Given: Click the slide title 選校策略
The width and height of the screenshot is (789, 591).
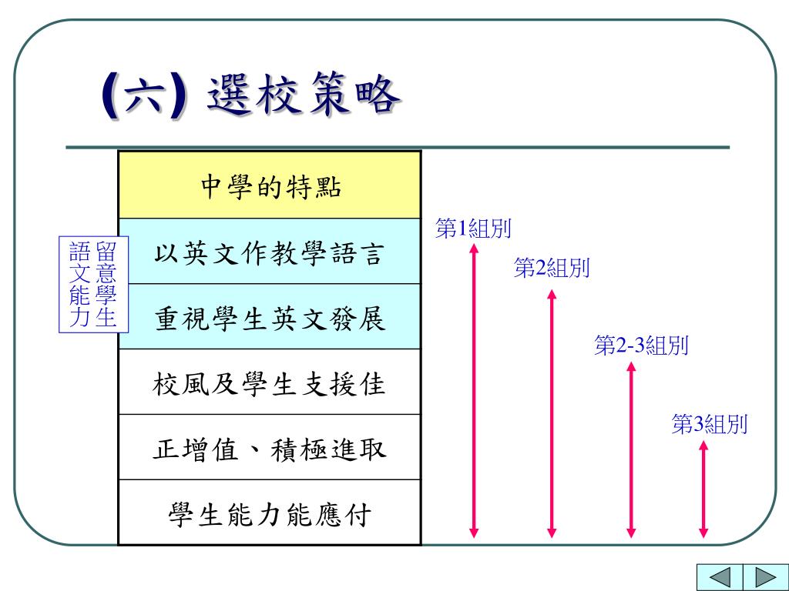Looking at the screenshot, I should coord(304,98).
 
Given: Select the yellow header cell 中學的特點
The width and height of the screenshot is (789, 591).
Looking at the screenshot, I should coord(270,185).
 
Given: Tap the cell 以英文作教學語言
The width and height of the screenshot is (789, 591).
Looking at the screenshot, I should coord(270,252).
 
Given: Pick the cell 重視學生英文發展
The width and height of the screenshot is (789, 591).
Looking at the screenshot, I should coord(270,318).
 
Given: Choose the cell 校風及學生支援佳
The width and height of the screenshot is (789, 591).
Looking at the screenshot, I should coord(270,382).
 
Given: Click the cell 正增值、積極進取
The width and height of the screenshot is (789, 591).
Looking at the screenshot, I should coord(270,448).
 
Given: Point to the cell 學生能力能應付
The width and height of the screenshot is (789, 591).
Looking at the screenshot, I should coord(270,513).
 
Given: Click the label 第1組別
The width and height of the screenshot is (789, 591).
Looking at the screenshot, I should coord(474,229).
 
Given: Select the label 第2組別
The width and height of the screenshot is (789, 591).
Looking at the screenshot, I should coord(552,268).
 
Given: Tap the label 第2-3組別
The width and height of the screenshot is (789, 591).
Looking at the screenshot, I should coord(641,346).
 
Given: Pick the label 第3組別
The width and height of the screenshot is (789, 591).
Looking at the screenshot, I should coord(710,424).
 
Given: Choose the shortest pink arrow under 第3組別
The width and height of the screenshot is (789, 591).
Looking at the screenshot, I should coord(703,488).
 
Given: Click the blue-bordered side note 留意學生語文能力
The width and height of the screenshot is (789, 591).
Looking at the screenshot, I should coord(93,285).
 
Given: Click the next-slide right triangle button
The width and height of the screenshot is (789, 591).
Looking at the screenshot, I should coord(763,577).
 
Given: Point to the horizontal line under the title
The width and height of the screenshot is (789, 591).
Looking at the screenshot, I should coord(397,147).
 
